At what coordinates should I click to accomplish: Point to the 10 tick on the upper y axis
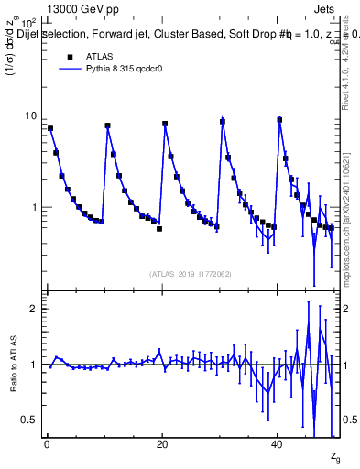[x=34, y=115]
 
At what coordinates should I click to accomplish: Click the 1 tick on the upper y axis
[x=37, y=208]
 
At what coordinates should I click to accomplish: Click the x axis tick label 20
[x=162, y=444]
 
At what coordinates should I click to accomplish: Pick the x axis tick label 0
[x=47, y=444]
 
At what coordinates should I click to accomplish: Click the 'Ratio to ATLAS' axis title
[x=15, y=365]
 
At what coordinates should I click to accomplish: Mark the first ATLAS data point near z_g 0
[x=50, y=128]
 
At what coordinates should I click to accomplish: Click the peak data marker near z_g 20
[x=165, y=124]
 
